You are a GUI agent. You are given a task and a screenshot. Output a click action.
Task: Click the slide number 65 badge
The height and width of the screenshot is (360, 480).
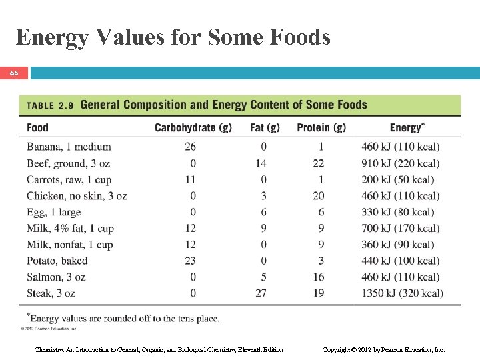point(14,73)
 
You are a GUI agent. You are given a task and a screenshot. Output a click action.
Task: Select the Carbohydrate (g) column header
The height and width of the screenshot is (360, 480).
point(193,127)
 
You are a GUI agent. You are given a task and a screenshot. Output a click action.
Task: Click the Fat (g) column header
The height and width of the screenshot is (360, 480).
point(265,127)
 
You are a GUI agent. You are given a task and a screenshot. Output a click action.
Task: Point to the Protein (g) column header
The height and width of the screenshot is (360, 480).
point(321,127)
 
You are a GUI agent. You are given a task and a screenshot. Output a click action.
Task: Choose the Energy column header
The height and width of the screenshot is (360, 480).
point(407,127)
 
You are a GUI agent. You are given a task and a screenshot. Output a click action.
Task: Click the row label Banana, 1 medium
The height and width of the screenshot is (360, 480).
point(69,147)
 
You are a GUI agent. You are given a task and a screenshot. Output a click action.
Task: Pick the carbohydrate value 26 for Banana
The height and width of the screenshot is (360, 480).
point(191,147)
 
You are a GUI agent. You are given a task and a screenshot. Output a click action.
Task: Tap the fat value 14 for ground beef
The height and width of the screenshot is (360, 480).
point(261,163)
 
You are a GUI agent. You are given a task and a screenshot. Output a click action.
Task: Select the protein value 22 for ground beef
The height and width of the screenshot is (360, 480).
point(319,163)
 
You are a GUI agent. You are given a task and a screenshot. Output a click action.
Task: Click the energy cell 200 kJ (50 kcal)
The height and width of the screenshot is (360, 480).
point(398,180)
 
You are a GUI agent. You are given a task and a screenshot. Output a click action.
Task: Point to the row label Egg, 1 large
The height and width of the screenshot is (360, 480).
point(53,212)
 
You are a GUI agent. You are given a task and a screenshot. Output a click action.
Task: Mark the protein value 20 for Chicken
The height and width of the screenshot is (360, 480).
point(319,196)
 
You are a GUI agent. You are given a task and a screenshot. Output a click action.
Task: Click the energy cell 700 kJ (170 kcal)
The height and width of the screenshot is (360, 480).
point(401,229)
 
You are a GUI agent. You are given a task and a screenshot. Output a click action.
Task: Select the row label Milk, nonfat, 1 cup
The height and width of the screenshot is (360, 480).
point(70,245)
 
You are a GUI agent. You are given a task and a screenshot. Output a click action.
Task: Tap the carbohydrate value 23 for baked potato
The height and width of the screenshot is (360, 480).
point(191,261)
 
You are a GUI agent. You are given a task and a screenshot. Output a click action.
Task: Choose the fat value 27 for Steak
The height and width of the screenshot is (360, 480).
point(261,293)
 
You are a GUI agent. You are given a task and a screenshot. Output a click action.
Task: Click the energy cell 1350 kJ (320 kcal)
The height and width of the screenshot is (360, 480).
point(402,293)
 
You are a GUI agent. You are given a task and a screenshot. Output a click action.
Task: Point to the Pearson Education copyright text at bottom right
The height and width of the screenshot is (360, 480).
point(383,349)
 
